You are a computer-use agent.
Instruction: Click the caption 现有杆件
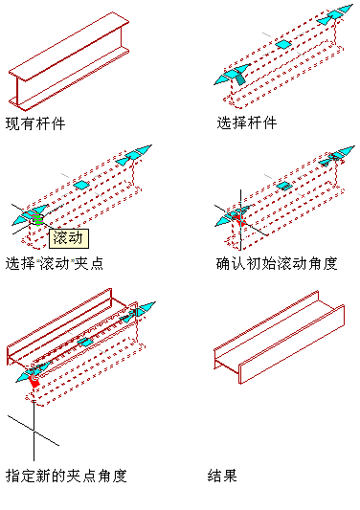35,123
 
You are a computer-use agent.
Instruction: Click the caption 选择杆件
247,122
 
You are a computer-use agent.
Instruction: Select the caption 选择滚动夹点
55,263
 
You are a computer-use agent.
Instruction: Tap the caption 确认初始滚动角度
277,263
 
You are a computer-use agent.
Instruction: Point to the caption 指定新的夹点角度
66,476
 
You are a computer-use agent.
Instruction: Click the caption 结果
222,476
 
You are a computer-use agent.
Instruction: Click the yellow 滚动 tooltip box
69,238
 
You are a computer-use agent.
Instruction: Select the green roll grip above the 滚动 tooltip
37,219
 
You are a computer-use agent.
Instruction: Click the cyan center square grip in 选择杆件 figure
283,44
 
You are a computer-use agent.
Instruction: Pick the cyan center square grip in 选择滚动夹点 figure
80,185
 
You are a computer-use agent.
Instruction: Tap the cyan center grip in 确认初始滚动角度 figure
284,186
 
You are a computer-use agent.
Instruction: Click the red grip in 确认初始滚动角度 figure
240,219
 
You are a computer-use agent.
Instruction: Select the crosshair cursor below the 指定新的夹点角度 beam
34,431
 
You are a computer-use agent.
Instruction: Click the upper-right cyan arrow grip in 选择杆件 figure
335,14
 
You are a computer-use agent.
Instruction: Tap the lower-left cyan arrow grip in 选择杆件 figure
232,75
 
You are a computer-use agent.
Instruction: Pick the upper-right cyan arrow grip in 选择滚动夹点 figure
134,154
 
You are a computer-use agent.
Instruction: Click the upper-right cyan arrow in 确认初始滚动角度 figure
337,155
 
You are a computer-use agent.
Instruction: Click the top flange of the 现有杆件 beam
69,46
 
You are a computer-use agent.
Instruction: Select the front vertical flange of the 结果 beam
292,344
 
